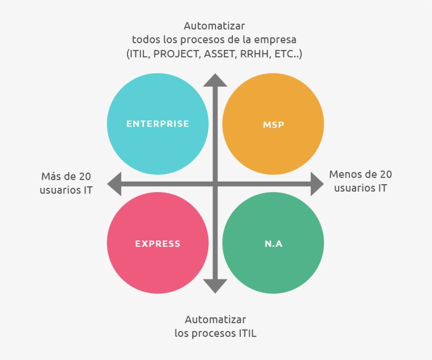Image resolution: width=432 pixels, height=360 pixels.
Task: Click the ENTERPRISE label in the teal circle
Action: point(158,124)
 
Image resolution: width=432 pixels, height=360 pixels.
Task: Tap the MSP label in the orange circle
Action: point(273,125)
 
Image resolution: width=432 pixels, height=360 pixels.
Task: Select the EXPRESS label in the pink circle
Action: point(158,244)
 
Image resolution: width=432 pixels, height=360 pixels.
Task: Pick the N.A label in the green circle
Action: point(273,244)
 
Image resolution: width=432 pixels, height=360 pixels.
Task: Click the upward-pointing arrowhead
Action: point(215,80)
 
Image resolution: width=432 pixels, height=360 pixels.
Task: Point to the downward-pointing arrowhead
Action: point(215,286)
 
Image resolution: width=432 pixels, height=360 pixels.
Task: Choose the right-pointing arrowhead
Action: point(316,184)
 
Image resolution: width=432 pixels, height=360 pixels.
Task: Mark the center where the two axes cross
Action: point(215,184)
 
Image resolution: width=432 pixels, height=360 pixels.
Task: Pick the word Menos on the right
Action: point(345,174)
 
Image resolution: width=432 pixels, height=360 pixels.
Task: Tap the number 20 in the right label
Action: point(386,174)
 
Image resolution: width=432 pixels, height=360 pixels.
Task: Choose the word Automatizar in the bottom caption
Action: point(215,319)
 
